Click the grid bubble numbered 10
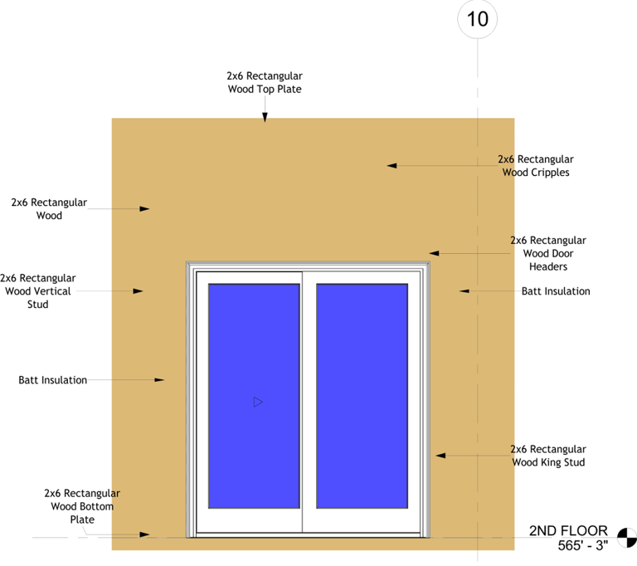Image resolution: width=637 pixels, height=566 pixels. [478, 19]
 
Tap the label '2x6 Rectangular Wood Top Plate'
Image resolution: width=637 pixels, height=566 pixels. [265, 82]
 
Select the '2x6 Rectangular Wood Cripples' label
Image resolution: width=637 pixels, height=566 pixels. [535, 166]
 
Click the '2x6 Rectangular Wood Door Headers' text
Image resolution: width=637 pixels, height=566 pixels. [547, 253]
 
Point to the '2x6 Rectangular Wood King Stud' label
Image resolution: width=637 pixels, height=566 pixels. [547, 456]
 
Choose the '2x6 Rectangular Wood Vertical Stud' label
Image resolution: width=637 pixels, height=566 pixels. [37, 291]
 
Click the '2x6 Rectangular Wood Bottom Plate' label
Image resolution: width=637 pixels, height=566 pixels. [82, 506]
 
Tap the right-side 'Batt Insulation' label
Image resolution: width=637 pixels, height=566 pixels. [556, 291]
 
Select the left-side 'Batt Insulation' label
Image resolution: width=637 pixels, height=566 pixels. [52, 380]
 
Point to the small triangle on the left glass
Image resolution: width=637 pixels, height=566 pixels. [258, 402]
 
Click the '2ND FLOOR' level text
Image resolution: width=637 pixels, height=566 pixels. [568, 531]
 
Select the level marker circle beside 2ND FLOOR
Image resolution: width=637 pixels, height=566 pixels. [625, 537]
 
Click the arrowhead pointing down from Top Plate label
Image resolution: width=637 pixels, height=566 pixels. [265, 118]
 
